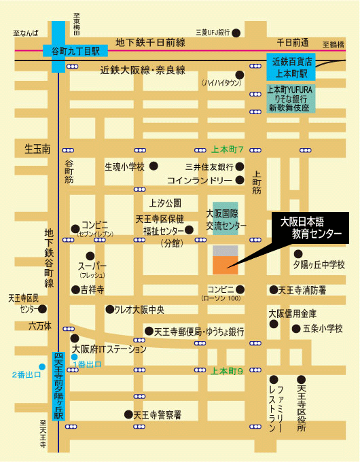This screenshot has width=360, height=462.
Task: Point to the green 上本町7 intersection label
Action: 228,149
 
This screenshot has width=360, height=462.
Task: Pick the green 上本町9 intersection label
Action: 227,371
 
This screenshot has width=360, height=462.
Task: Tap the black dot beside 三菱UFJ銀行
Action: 235,32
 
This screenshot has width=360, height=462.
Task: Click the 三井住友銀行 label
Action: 209,166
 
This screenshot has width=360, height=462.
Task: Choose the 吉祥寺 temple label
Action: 92,290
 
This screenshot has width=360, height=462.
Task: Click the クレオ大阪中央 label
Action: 139,310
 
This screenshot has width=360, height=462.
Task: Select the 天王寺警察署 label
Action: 157,414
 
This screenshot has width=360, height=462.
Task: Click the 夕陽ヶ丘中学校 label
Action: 319,264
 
